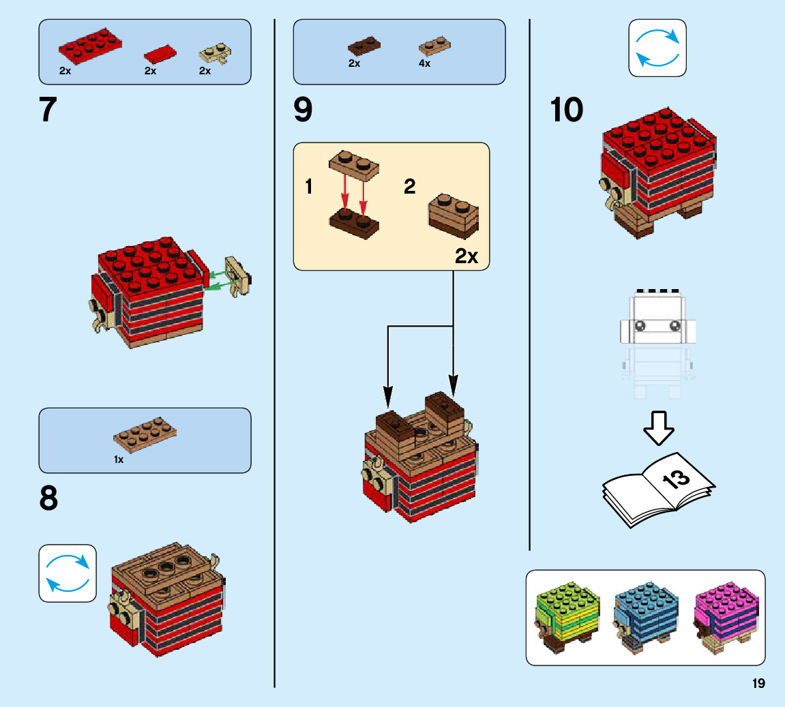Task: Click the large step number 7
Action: tap(47, 110)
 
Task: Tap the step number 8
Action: tap(48, 500)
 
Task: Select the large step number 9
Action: tap(303, 110)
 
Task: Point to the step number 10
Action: tap(567, 110)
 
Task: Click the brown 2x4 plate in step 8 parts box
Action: tap(145, 436)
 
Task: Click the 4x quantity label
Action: tap(424, 63)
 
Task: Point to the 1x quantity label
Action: tap(119, 460)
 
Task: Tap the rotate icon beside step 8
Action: tap(68, 573)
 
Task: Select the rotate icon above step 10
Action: tap(657, 48)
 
